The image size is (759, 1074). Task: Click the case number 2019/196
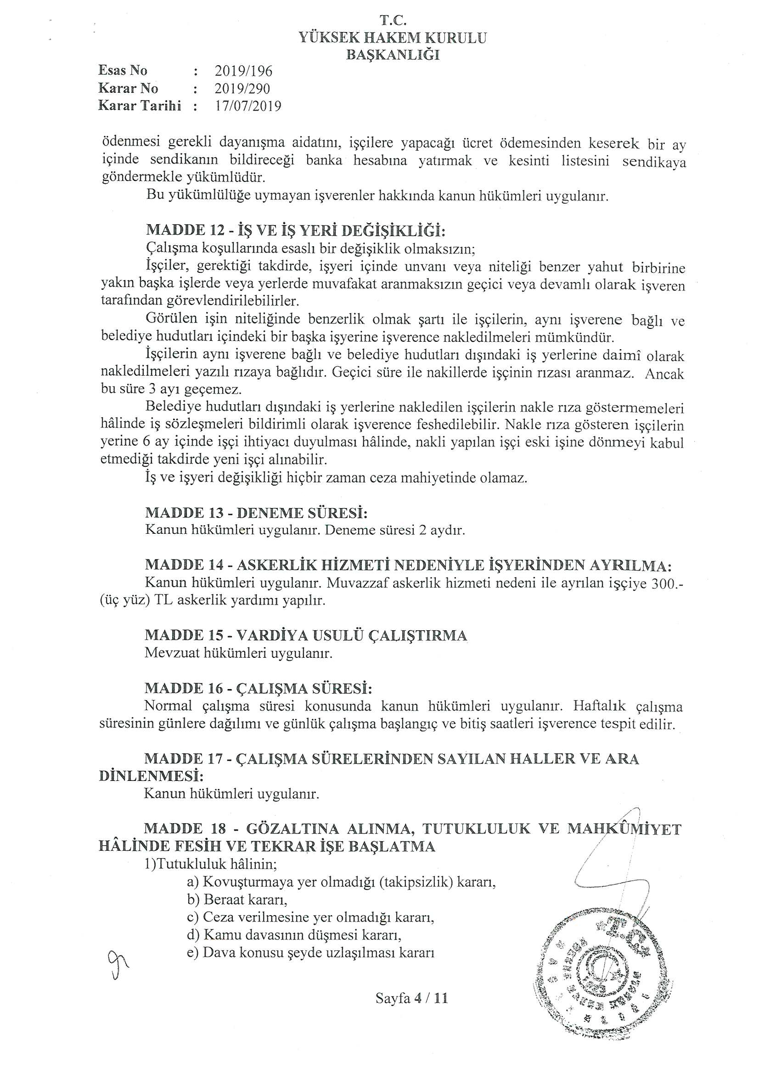click(243, 71)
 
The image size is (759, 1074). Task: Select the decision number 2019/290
click(242, 88)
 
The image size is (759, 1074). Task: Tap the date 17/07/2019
click(248, 106)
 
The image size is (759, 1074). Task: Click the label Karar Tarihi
click(140, 106)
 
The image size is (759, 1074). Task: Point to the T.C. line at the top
click(393, 20)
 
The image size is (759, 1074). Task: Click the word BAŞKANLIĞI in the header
click(393, 55)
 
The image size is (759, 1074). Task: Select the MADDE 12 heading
click(296, 230)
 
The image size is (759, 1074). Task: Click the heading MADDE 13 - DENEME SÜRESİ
click(256, 513)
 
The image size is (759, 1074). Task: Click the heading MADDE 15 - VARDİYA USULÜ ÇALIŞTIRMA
click(306, 636)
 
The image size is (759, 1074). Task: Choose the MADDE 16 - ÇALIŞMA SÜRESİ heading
click(259, 689)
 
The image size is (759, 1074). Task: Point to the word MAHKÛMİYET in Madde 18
click(624, 829)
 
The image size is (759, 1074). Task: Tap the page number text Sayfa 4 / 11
click(411, 998)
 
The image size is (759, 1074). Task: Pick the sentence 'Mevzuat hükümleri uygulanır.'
click(238, 653)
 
